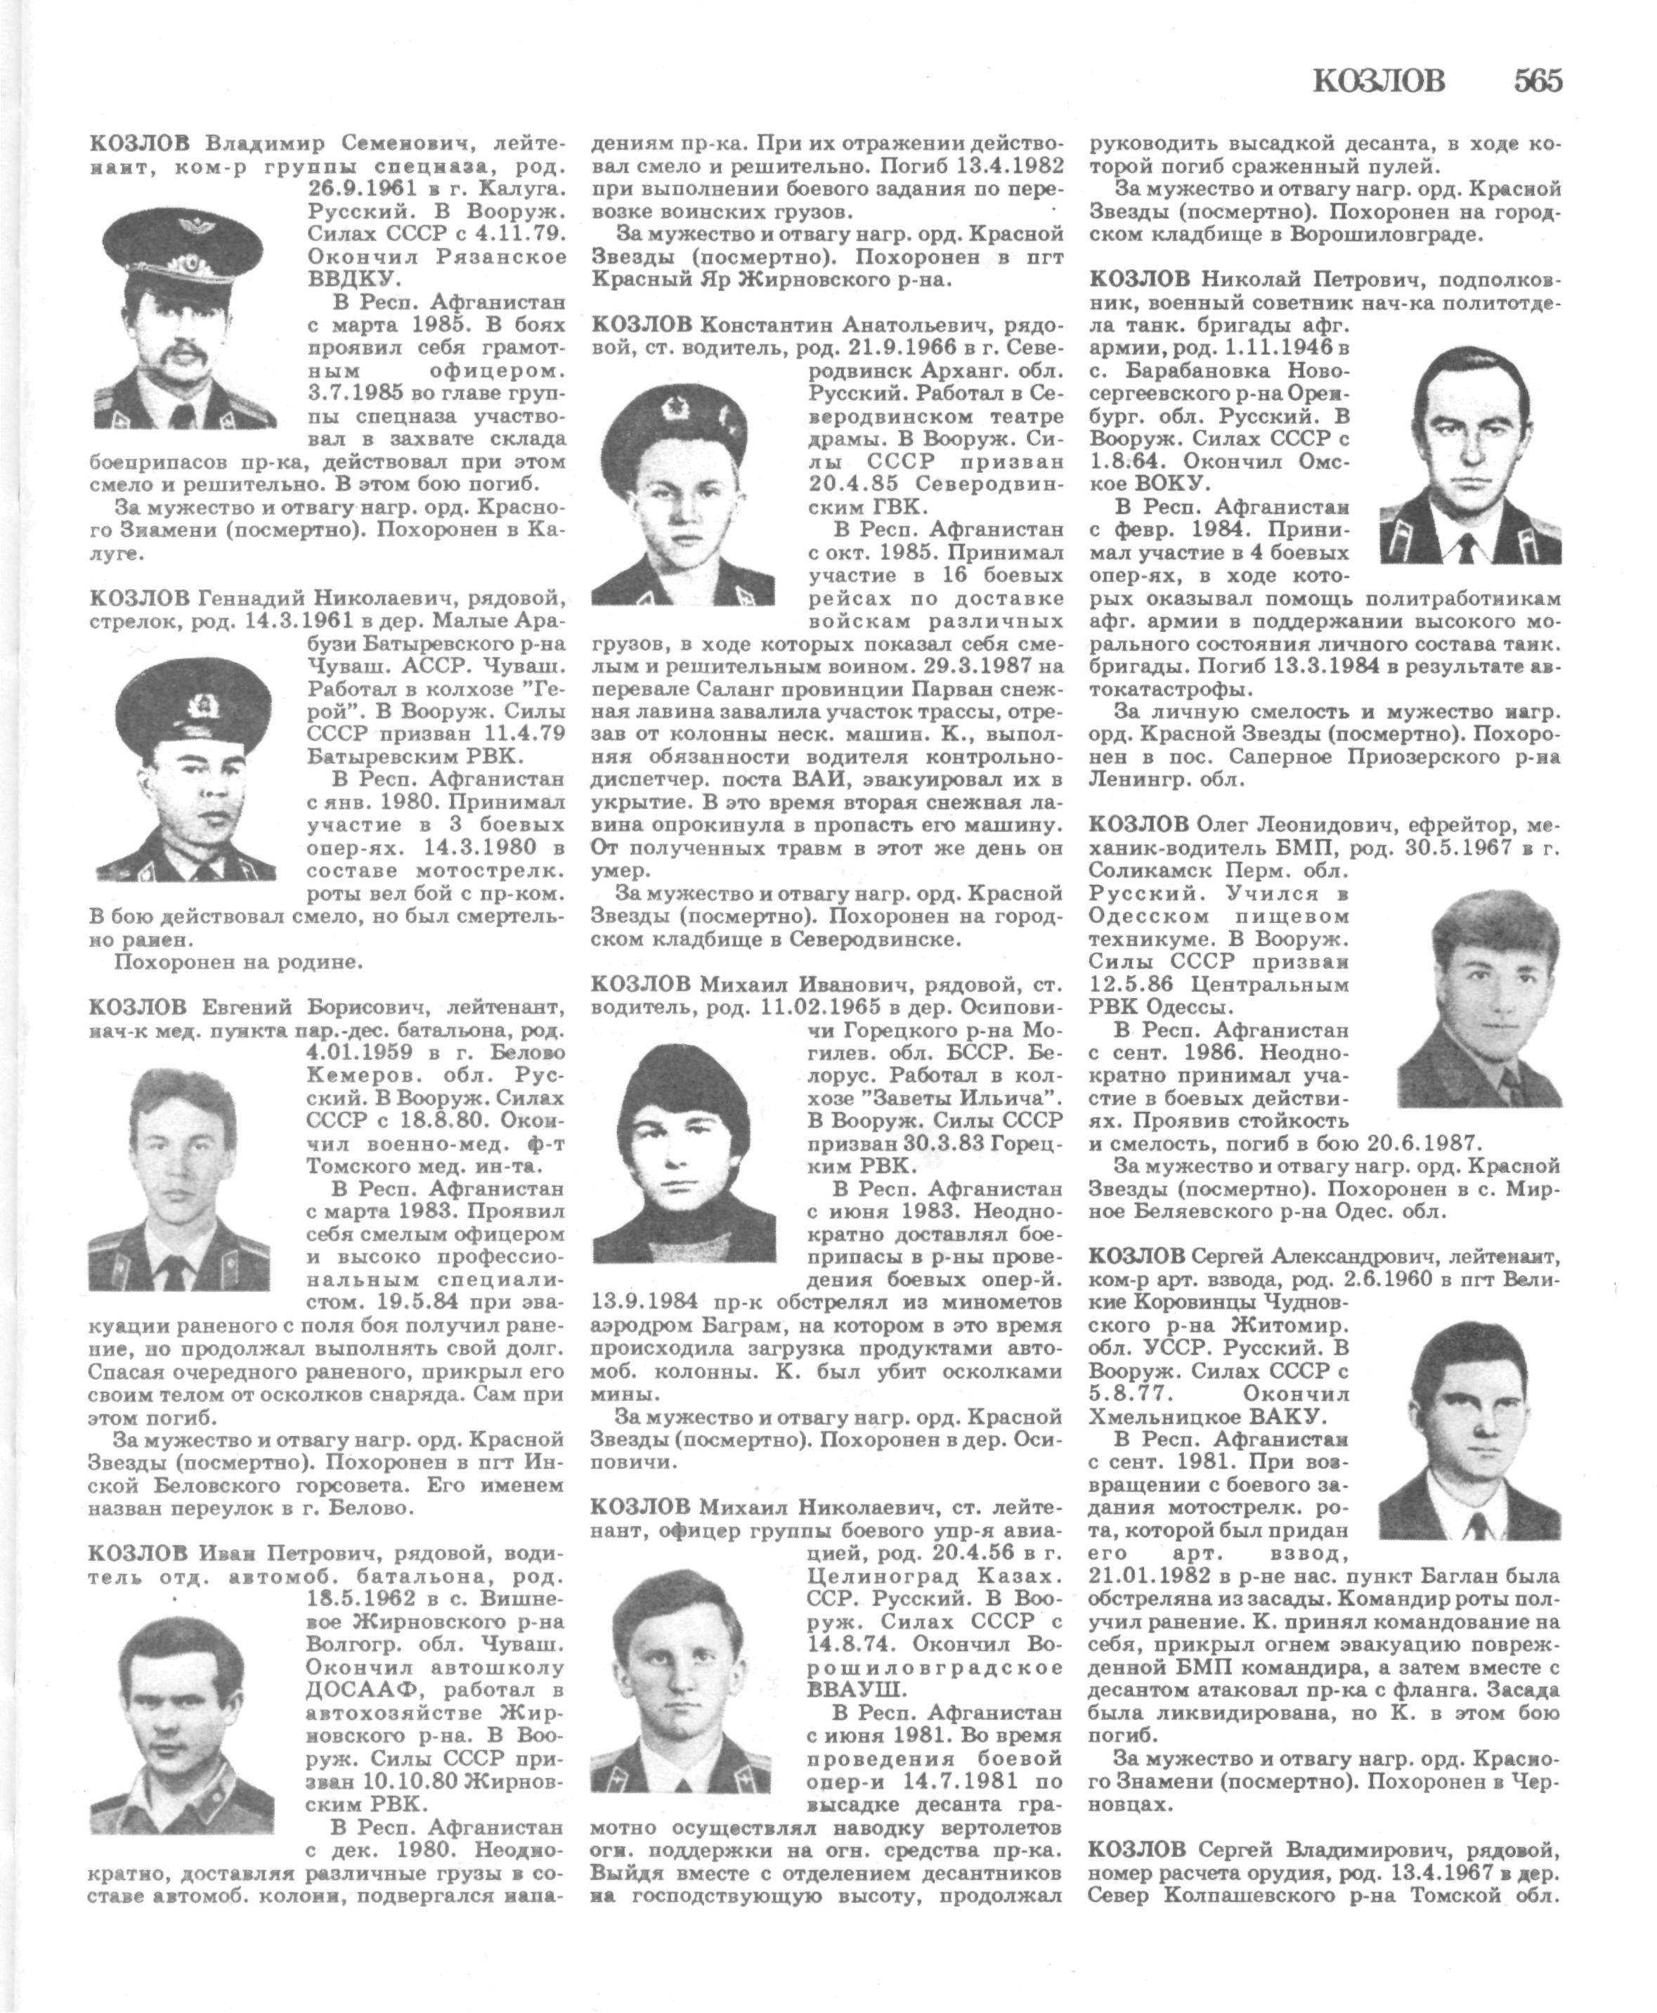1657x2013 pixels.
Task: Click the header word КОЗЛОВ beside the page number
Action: click(1379, 82)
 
